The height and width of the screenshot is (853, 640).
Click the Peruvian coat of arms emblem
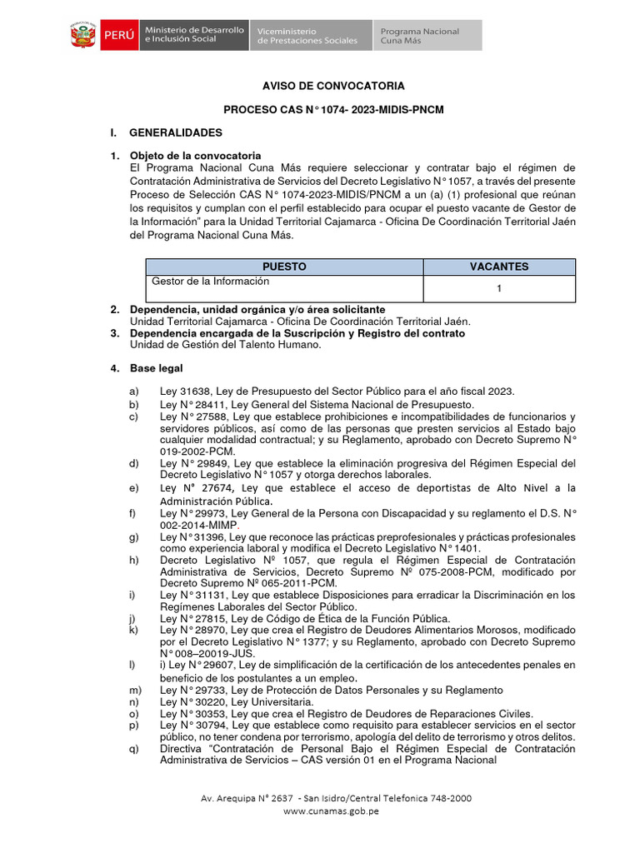tap(82, 36)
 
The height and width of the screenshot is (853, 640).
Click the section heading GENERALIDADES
tap(176, 132)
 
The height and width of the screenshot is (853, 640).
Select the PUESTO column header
tap(284, 267)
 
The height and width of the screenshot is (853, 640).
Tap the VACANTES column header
tap(498, 267)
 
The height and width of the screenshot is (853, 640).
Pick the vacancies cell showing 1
tap(498, 289)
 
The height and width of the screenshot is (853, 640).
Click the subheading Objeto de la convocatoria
tap(195, 156)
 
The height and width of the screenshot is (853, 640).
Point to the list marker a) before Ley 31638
tap(133, 392)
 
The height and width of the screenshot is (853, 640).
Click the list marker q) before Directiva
tap(133, 748)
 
